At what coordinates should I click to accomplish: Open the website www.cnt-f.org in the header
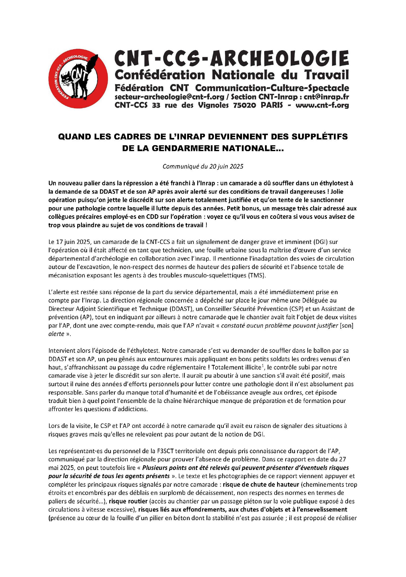point(322,105)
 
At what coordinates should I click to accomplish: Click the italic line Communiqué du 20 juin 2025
point(203,166)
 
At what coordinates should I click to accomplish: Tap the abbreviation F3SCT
point(166,451)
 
